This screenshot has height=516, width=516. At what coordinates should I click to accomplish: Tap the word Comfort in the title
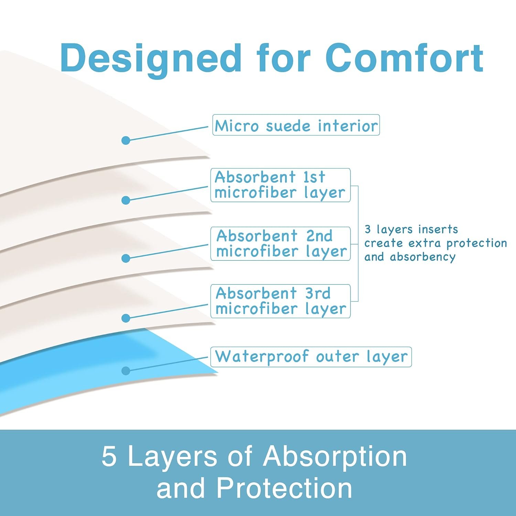coord(405,58)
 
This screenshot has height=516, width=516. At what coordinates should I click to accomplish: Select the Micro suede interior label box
coord(296,125)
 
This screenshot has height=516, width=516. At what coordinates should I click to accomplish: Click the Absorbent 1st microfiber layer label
coord(280,185)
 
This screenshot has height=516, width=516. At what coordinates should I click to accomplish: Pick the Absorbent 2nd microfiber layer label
coord(280,244)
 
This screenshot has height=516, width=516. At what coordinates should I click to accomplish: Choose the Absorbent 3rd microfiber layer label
coord(280,301)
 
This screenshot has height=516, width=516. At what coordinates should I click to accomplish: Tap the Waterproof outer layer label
coord(311,357)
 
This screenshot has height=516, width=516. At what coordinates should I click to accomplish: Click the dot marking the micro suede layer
coord(126,140)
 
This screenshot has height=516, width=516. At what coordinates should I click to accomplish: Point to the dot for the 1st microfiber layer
coord(126,200)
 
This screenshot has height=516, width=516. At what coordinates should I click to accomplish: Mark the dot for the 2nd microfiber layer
coord(126,258)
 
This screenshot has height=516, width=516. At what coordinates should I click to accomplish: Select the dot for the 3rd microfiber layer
coord(126,318)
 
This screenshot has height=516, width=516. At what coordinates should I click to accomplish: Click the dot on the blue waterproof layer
coord(126,370)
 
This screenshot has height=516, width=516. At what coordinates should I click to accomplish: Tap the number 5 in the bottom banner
coord(109,456)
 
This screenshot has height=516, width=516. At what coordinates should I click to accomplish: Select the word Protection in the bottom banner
coord(284,488)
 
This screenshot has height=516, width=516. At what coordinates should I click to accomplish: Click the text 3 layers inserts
coord(411,229)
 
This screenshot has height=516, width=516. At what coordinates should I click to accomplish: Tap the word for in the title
coord(283,58)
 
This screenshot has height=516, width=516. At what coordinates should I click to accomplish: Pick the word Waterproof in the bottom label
coord(262,357)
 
